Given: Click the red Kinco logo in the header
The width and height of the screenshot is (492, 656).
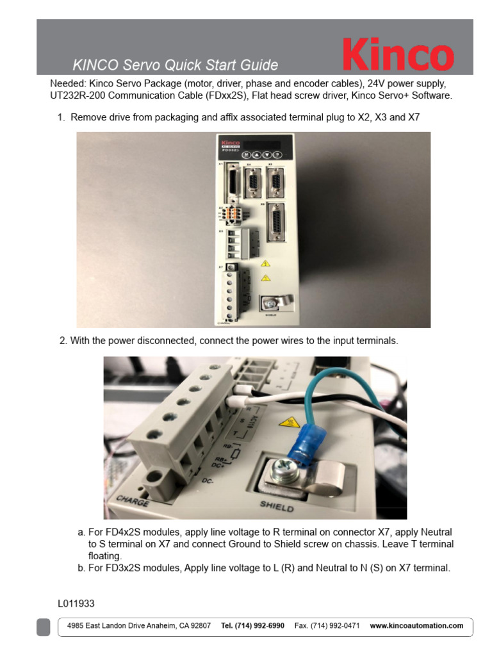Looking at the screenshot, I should pos(398,54).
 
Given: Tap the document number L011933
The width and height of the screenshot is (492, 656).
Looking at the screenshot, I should pos(76,603).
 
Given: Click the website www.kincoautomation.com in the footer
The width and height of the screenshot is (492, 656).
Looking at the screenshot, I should pos(416,626).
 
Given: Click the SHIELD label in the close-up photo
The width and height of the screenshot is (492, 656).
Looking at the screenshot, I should pos(277,506).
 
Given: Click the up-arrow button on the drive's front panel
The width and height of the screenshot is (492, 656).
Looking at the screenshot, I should pos(256,155).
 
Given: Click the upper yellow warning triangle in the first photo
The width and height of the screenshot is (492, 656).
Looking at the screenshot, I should pos(265,263).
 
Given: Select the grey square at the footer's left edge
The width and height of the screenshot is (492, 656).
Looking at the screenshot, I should pos(43,627).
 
